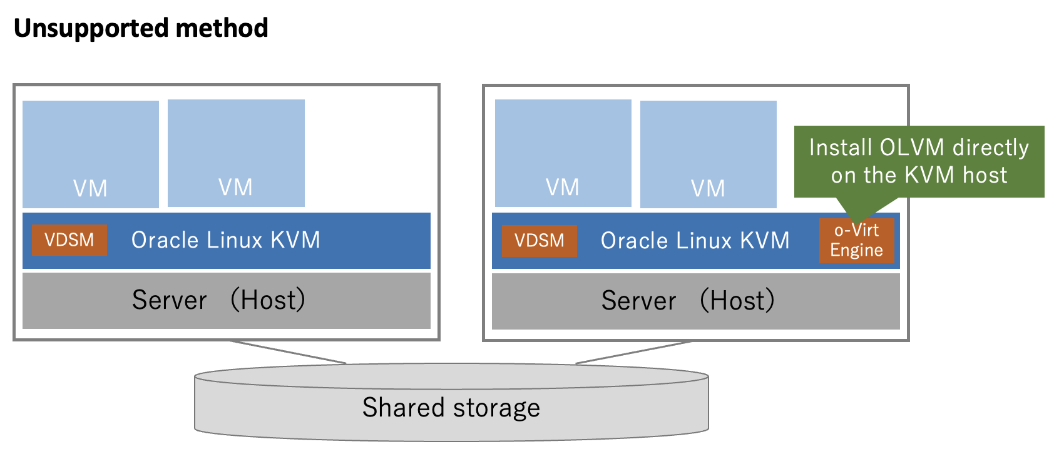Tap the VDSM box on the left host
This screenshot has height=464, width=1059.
click(69, 240)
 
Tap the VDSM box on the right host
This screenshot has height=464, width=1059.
click(539, 241)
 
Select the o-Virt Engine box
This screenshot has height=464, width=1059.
click(856, 241)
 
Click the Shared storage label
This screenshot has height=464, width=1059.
click(451, 408)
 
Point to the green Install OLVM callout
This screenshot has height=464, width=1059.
click(919, 161)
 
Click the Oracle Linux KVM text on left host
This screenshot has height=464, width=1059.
click(225, 240)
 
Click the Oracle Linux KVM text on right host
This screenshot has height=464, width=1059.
click(695, 241)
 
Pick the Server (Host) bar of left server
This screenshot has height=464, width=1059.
click(226, 301)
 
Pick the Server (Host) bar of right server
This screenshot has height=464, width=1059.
click(695, 301)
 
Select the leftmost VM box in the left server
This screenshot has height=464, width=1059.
click(91, 154)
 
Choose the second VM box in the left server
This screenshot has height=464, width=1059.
click(236, 153)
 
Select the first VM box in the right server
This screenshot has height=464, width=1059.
click(563, 153)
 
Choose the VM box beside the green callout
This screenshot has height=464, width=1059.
click(708, 154)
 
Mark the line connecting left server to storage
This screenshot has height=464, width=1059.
click(288, 352)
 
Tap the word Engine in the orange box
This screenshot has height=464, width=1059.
click(856, 250)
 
